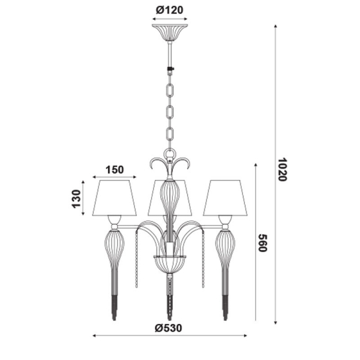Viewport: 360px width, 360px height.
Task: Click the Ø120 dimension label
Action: (x=170, y=10)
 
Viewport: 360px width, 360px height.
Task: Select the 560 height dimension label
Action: (x=263, y=243)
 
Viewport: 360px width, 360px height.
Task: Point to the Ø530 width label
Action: (x=168, y=328)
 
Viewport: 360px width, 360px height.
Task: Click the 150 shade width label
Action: (x=115, y=170)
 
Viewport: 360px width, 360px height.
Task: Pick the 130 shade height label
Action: (x=77, y=199)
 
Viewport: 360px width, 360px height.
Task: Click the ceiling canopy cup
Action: (x=170, y=32)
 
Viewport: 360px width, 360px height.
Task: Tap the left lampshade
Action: (x=115, y=198)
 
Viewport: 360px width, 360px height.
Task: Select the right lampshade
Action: (x=225, y=198)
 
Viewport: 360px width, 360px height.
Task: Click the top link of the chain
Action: (x=170, y=91)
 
